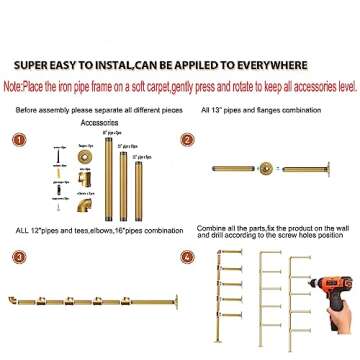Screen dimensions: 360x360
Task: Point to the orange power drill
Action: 318,285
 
